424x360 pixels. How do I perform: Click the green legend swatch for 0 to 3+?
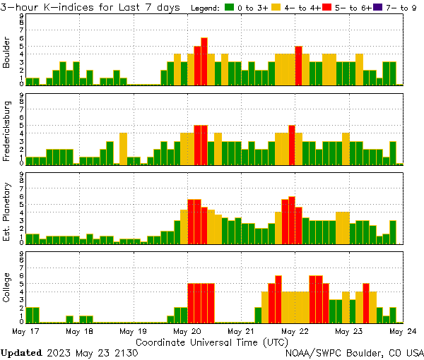click(x=230, y=8)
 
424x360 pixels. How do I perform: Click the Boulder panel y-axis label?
click(x=7, y=53)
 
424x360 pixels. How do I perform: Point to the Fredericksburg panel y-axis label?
click(x=7, y=132)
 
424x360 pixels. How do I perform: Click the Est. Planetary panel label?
click(x=7, y=211)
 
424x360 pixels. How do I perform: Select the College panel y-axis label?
click(x=7, y=290)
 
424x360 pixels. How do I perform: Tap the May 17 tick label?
click(x=25, y=330)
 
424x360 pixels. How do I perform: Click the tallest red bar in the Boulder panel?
click(x=204, y=61)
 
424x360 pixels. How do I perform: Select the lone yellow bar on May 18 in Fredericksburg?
click(x=123, y=149)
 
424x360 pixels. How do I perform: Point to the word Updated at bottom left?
click(x=21, y=352)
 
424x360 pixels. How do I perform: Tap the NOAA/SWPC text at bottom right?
click(x=312, y=352)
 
